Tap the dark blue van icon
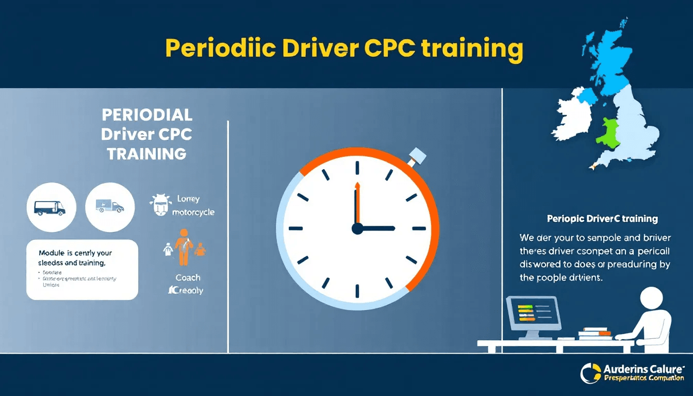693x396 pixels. [x=49, y=207]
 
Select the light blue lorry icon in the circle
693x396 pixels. [x=109, y=207]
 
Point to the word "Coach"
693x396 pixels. [x=188, y=277]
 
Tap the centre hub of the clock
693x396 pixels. [x=357, y=228]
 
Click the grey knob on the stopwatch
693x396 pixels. [x=416, y=156]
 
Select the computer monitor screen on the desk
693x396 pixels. [x=532, y=314]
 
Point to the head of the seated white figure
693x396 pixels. [x=652, y=299]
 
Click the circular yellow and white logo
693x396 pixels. [x=590, y=373]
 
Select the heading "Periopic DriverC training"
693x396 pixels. [x=602, y=219]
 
